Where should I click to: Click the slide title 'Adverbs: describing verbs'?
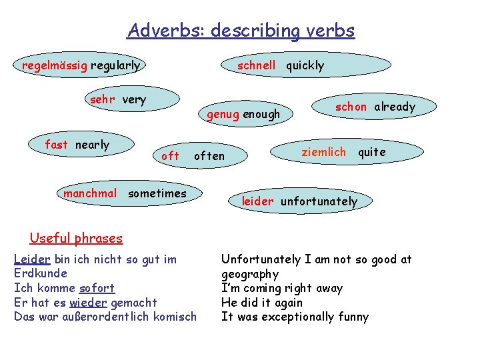pos(241,31)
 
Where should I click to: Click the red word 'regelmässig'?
pos(55,65)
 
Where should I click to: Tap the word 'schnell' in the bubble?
pos(257,65)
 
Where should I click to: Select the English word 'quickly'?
pos(305,65)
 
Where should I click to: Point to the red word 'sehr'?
pos(102,100)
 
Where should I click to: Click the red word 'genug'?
pos(223,114)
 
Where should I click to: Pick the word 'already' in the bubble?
pos(395,107)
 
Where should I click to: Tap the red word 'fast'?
pos(57,145)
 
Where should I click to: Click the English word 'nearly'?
pos(92,145)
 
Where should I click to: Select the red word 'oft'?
pos(171,155)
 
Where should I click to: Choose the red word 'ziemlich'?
pos(324,151)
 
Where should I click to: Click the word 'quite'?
pos(372,151)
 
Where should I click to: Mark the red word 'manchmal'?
pos(90,193)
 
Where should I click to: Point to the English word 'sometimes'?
pos(157,193)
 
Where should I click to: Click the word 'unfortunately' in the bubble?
pos(319,201)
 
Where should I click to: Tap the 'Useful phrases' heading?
pos(77,238)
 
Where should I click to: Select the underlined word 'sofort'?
pos(97,288)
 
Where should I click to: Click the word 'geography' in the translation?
pos(250,274)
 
